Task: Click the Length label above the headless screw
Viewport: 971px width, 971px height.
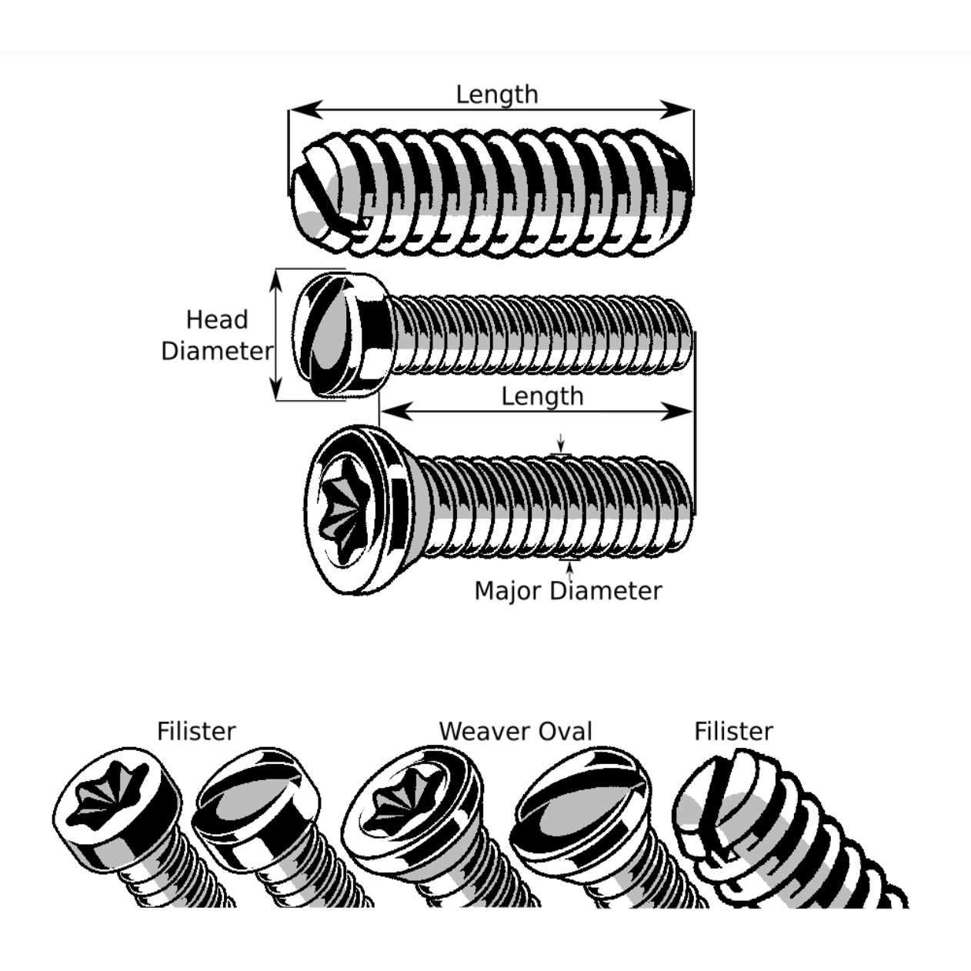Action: click(496, 95)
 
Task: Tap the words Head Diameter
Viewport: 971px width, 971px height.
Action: click(216, 335)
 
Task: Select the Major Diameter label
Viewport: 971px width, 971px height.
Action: click(568, 591)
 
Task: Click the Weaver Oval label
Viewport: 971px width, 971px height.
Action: click(515, 731)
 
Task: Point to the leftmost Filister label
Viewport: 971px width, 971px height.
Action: click(195, 731)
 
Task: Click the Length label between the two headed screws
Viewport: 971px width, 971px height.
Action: click(542, 396)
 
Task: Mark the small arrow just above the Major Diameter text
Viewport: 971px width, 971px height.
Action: click(569, 570)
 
